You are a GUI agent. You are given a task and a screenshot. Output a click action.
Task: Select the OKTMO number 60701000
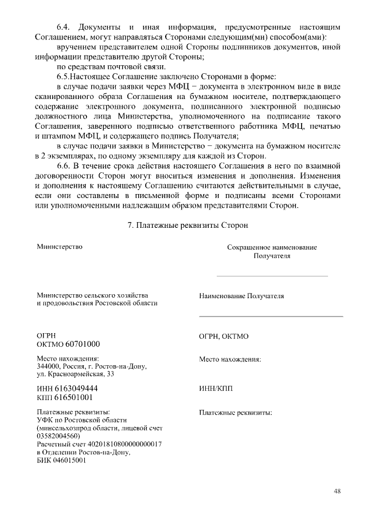tap(83, 344)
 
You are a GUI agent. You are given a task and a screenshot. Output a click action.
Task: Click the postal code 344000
tap(49, 366)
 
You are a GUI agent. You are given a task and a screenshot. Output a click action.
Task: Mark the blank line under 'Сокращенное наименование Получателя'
tap(272, 276)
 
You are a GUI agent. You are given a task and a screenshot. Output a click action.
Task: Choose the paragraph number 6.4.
tap(63, 27)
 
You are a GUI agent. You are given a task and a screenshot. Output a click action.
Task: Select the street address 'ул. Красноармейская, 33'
tap(75, 374)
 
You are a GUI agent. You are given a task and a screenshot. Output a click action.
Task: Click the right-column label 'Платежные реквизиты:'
tap(235, 412)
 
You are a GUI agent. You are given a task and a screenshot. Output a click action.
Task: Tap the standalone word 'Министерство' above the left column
tap(60, 247)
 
